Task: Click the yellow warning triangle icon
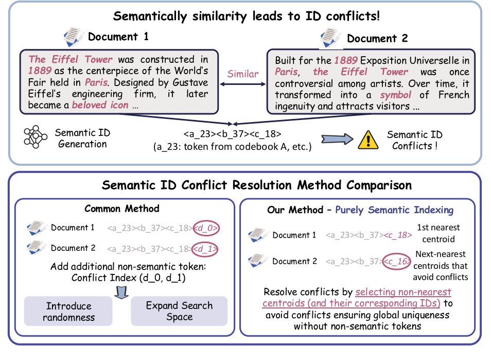pyautogui.click(x=368, y=140)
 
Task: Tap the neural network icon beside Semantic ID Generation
pyautogui.click(x=36, y=137)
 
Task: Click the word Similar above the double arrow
pyautogui.click(x=243, y=74)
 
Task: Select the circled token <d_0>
pyautogui.click(x=206, y=228)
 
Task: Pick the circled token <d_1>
pyautogui.click(x=205, y=249)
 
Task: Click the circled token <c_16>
pyautogui.click(x=397, y=261)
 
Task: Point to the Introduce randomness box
pyautogui.click(x=68, y=311)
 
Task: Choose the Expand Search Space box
pyautogui.click(x=179, y=311)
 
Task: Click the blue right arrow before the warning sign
pyautogui.click(x=337, y=139)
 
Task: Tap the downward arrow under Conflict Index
pyautogui.click(x=121, y=292)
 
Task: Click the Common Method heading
pyautogui.click(x=122, y=209)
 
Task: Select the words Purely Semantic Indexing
pyautogui.click(x=394, y=210)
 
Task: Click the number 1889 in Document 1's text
pyautogui.click(x=40, y=71)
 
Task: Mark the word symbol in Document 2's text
pyautogui.click(x=395, y=95)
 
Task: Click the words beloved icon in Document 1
pyautogui.click(x=100, y=105)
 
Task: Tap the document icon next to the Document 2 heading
pyautogui.click(x=330, y=38)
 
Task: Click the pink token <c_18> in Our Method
pyautogui.click(x=398, y=235)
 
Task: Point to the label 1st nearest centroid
pyautogui.click(x=439, y=233)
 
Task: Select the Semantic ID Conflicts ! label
pyautogui.click(x=415, y=140)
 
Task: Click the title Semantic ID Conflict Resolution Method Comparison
pyautogui.click(x=257, y=185)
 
